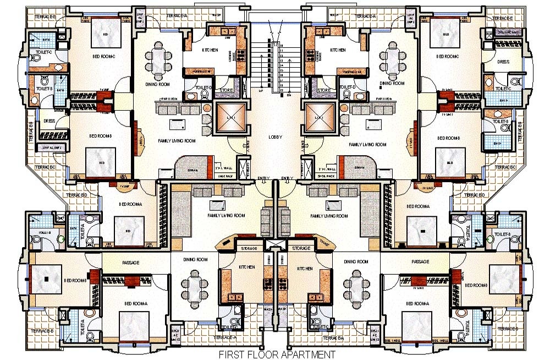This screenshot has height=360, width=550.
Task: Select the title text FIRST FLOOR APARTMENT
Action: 277,354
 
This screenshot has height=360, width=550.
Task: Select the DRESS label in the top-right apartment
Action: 503,62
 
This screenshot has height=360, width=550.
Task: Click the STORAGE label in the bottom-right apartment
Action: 301,249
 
